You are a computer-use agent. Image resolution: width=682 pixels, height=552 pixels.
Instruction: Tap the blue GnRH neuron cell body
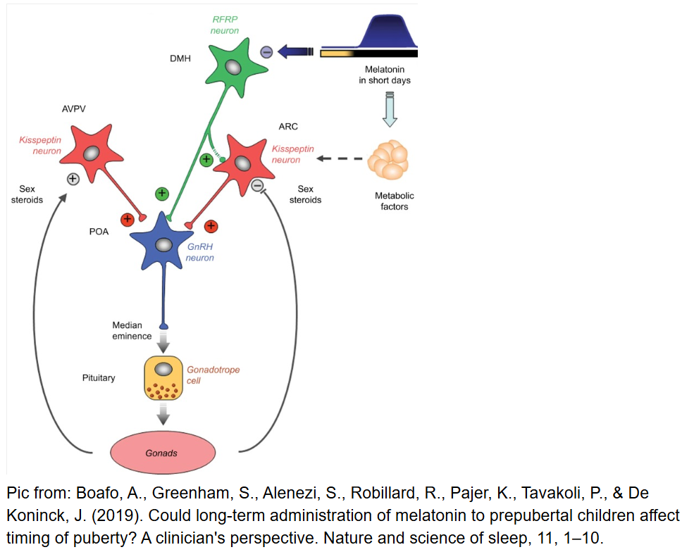click(x=163, y=244)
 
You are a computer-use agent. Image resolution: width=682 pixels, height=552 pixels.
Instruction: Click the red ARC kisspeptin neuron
click(x=242, y=163)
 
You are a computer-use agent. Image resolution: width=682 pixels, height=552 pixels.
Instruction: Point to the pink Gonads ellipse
click(x=162, y=452)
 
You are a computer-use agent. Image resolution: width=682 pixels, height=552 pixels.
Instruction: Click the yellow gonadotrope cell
click(x=163, y=378)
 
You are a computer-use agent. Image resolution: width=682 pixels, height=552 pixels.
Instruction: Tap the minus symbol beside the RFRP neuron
click(x=266, y=51)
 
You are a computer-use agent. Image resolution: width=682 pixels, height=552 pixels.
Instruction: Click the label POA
click(x=99, y=232)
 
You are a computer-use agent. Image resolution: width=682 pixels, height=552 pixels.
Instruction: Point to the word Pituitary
click(x=99, y=378)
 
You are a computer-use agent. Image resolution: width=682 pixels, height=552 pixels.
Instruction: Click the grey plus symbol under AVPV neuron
click(x=73, y=179)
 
